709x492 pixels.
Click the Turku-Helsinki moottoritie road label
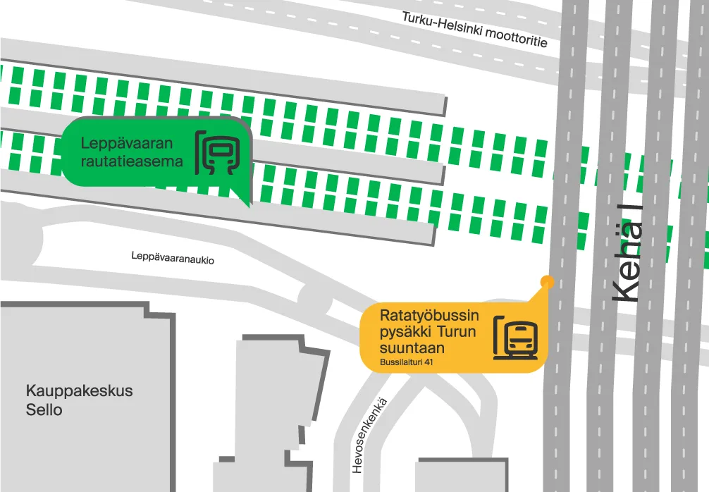(474, 30)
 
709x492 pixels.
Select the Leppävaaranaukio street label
(173, 258)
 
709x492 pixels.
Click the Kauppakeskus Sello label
(79, 400)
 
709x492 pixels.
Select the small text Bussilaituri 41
(406, 362)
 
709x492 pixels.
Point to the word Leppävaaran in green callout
(126, 144)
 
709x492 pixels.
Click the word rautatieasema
(131, 161)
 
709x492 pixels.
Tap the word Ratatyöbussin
(429, 314)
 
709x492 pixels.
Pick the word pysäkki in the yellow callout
(405, 332)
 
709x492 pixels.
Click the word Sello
(44, 410)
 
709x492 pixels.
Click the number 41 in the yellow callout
(427, 362)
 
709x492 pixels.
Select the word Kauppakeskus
(79, 390)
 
